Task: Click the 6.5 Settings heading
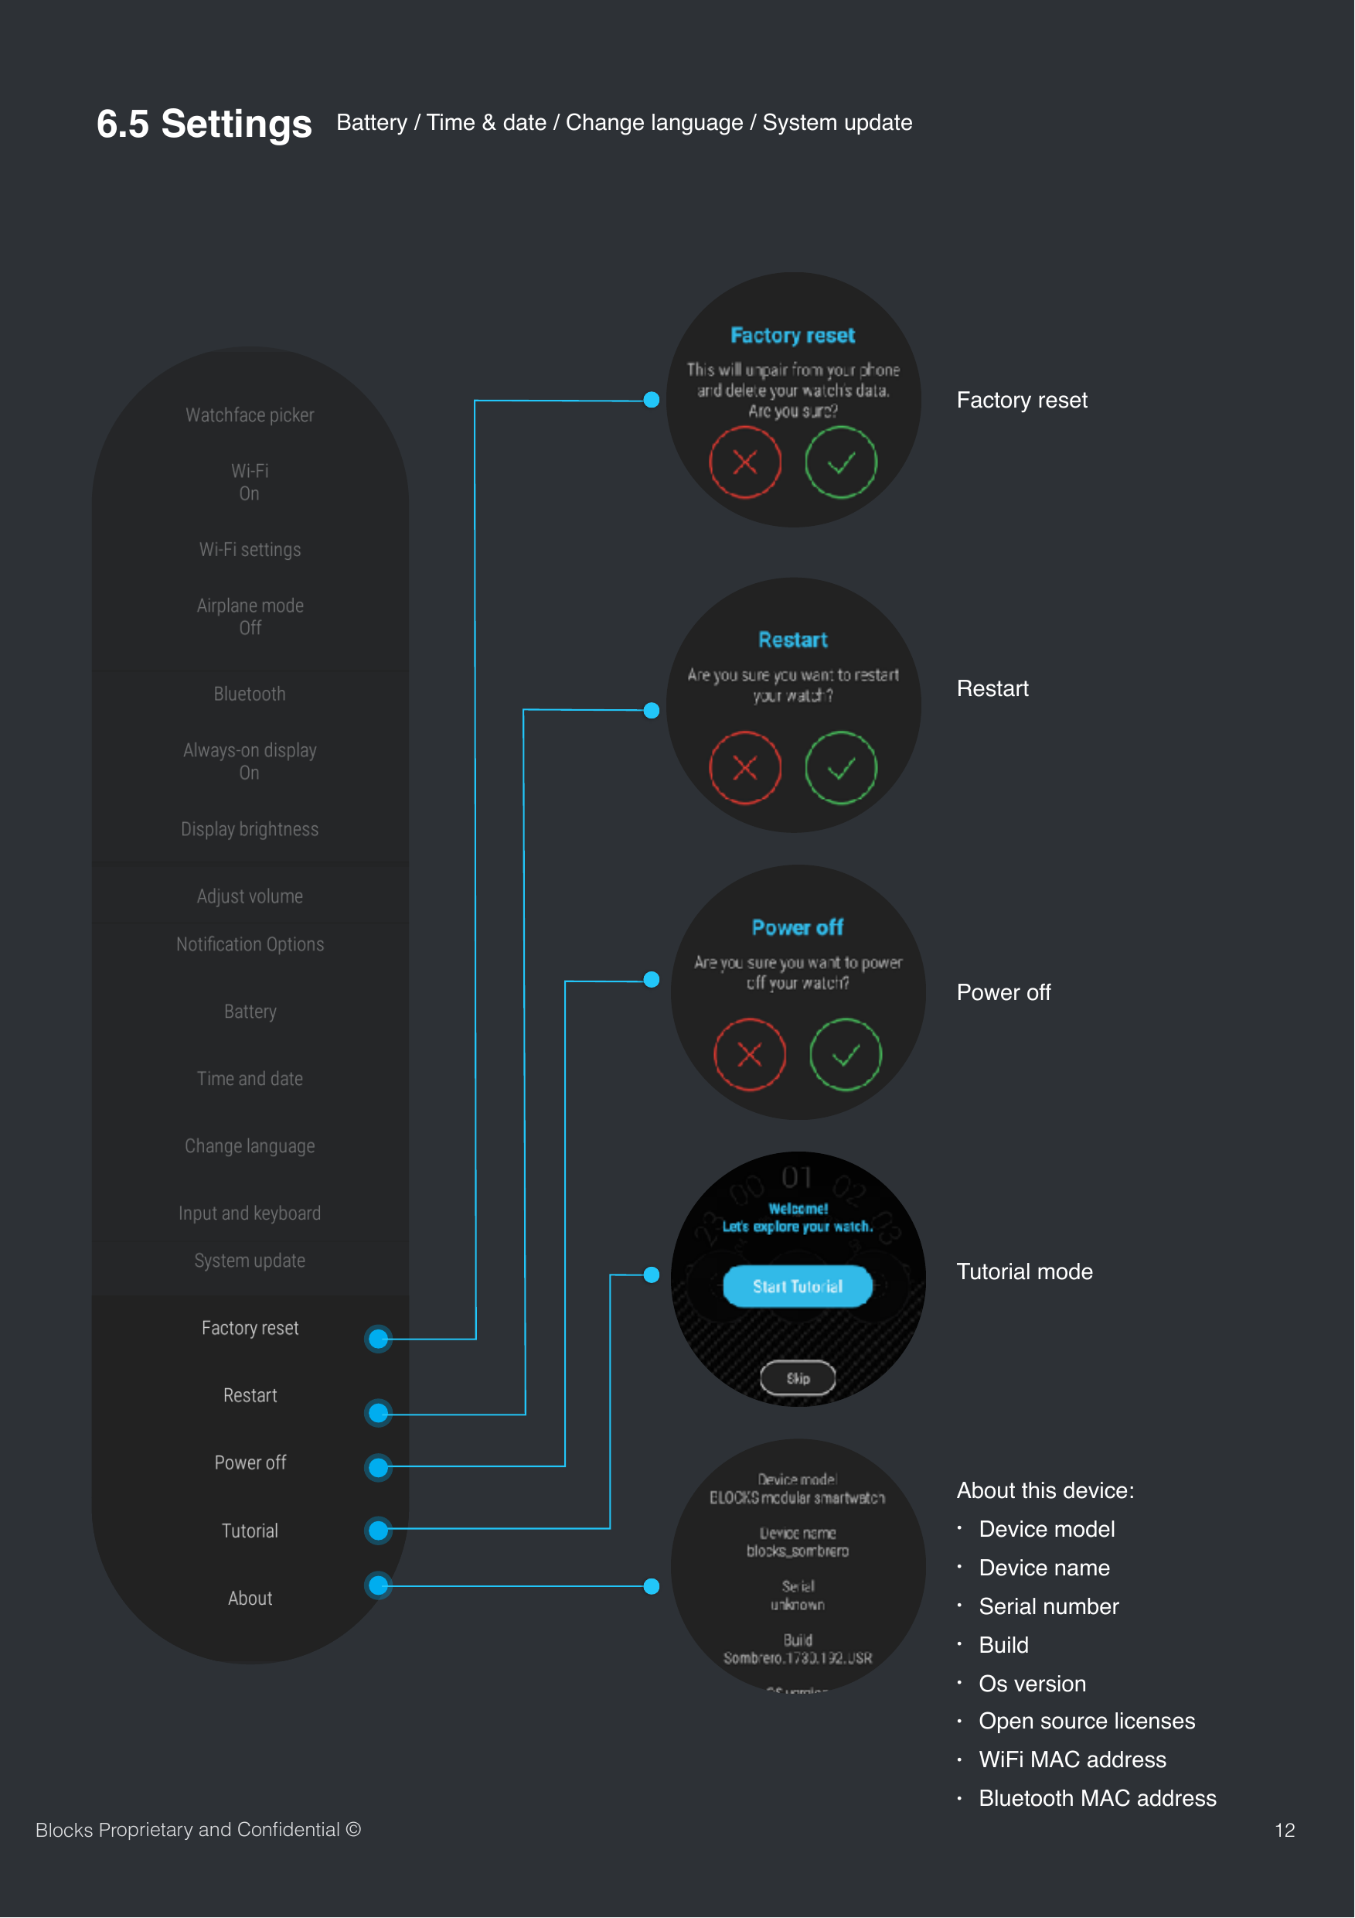(204, 124)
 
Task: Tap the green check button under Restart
(840, 768)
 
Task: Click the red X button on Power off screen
(749, 1054)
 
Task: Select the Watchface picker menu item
(250, 415)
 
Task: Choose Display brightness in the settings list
(250, 830)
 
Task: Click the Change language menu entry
(250, 1146)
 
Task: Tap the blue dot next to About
(378, 1585)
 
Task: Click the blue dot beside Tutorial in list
(378, 1531)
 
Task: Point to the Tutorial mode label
(1024, 1271)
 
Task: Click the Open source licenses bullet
(1086, 1721)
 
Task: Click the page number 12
(1284, 1831)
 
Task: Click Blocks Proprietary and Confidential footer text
(198, 1830)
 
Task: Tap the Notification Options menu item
(250, 944)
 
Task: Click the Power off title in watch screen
(797, 927)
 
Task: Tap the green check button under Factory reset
(840, 462)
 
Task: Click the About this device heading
(1045, 1490)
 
